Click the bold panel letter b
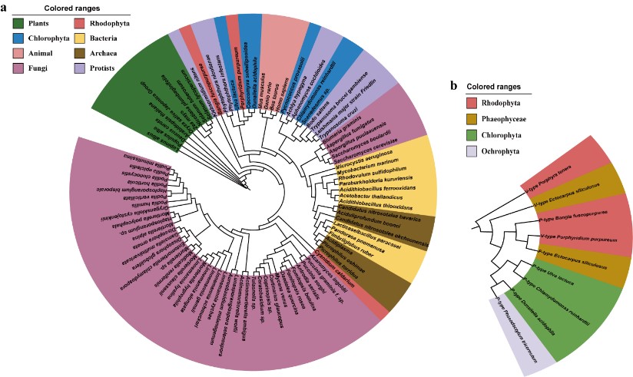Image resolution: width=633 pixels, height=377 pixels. [x=455, y=86]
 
